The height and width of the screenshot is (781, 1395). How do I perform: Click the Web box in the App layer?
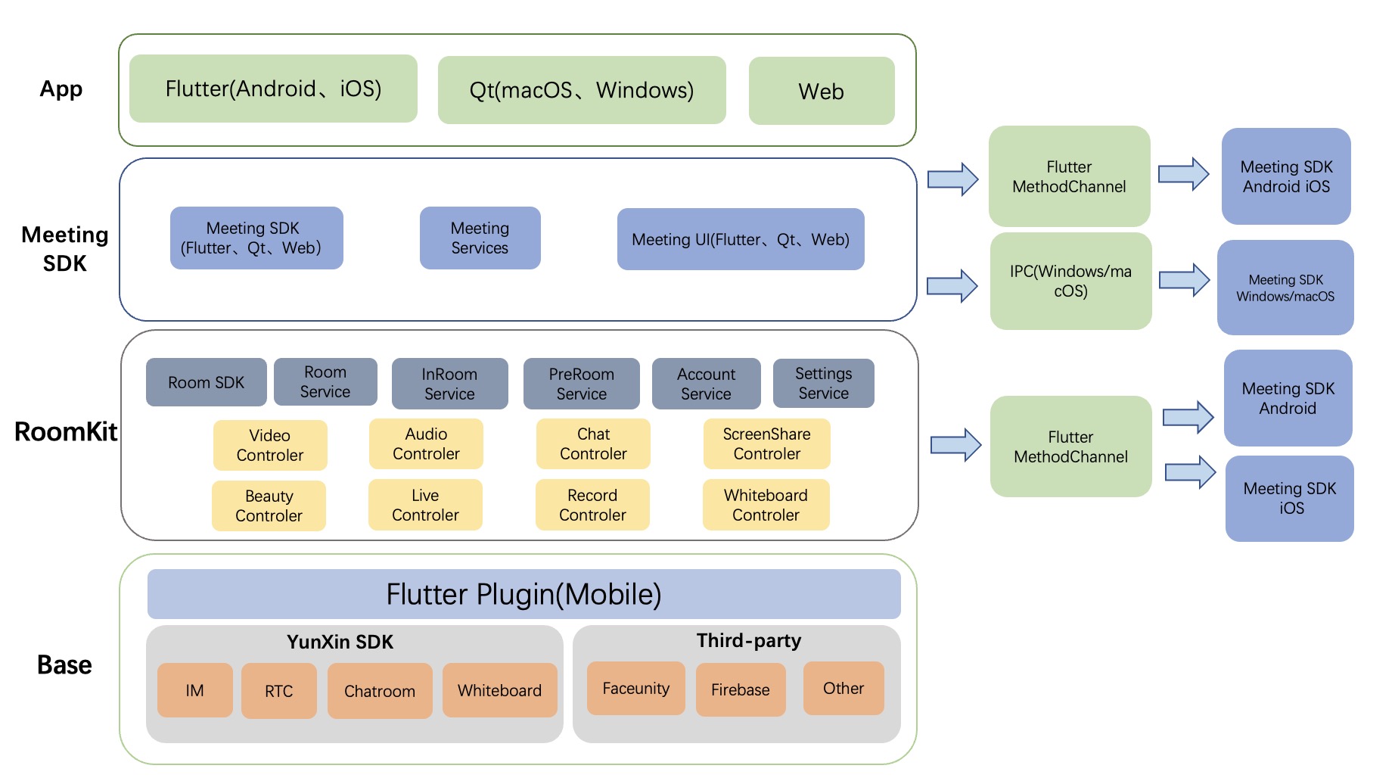click(822, 91)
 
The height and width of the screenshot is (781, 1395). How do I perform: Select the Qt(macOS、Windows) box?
click(582, 90)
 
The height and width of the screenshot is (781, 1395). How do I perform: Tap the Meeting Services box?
click(480, 238)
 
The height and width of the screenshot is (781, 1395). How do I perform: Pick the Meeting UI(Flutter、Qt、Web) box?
click(741, 239)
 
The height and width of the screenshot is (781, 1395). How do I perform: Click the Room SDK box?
click(207, 382)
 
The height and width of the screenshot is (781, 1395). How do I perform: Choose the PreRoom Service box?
click(582, 384)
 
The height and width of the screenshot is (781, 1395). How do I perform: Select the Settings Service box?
click(824, 383)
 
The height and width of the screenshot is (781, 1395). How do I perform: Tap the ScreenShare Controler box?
click(767, 443)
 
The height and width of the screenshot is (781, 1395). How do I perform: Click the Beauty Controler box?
click(269, 506)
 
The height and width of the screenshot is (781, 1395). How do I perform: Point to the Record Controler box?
click(593, 505)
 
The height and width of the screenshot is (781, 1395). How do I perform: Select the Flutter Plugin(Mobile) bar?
click(524, 594)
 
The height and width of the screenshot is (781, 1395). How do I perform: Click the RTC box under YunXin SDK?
click(279, 691)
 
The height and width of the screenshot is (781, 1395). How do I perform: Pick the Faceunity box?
click(636, 689)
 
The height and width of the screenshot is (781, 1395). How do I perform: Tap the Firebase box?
click(741, 689)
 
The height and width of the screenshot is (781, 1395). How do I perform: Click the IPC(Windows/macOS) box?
click(1071, 281)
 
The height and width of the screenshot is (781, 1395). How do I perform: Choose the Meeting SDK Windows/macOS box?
click(1286, 288)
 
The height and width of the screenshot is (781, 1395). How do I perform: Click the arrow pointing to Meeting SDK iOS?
click(1191, 472)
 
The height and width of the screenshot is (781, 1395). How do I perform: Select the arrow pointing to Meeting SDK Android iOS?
click(1184, 174)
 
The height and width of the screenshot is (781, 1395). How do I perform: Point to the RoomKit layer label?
click(66, 431)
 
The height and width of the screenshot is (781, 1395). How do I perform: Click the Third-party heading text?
click(749, 641)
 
